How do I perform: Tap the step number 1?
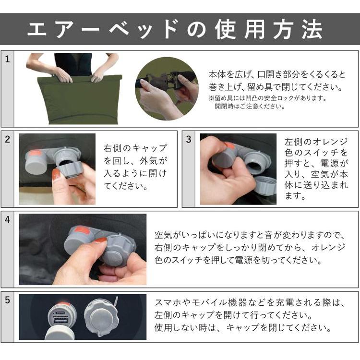[x=7, y=60]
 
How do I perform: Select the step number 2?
[x=7, y=140]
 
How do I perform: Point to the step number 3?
[x=189, y=140]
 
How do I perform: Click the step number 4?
[x=7, y=220]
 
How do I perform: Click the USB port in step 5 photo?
[x=59, y=319]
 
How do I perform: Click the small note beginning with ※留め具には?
[x=267, y=98]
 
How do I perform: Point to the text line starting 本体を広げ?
[x=276, y=74]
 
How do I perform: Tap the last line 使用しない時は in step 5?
[x=243, y=328]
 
